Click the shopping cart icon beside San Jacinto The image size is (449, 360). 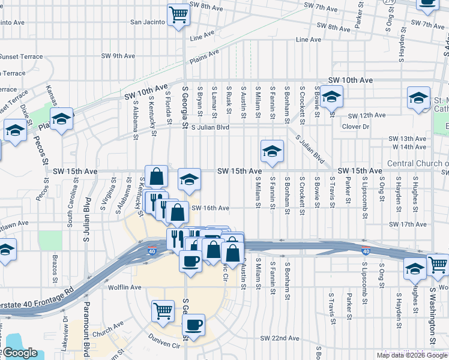179,14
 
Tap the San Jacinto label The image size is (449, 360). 148,22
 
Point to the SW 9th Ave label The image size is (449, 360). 118,56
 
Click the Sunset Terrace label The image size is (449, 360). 22,57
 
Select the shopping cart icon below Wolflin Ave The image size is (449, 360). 163,311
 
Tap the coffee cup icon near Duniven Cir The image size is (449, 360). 193,325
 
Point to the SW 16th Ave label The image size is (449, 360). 210,208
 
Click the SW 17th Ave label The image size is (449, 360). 408,224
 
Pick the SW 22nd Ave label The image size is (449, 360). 280,338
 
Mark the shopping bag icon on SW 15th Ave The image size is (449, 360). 156,177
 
